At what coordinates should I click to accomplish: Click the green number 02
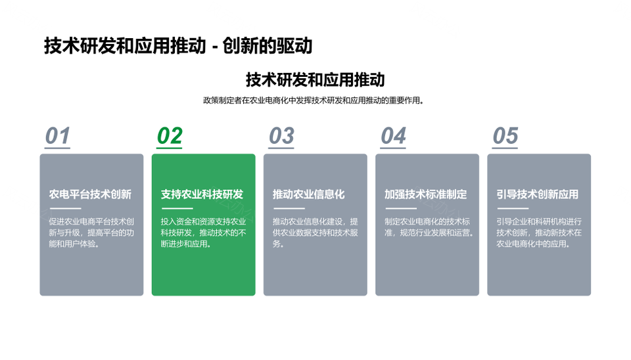(x=170, y=136)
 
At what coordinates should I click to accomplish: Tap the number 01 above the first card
(x=58, y=136)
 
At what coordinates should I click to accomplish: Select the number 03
(x=281, y=136)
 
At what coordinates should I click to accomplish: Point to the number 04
(x=393, y=136)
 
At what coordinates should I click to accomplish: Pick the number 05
(x=505, y=136)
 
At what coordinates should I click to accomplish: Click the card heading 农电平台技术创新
(x=90, y=194)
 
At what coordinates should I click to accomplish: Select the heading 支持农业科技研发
(x=202, y=194)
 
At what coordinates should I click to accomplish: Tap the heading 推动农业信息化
(x=309, y=194)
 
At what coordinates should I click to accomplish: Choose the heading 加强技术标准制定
(x=426, y=194)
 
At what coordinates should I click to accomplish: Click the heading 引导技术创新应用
(x=538, y=194)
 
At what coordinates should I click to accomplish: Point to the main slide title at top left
(x=178, y=46)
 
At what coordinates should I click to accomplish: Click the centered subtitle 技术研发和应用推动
(x=315, y=79)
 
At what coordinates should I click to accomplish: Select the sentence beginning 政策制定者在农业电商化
(x=314, y=101)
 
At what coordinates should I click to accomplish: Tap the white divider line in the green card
(x=177, y=208)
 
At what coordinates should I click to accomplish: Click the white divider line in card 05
(x=513, y=208)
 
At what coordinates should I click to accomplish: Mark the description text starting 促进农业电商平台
(x=91, y=233)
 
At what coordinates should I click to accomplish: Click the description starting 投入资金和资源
(x=203, y=233)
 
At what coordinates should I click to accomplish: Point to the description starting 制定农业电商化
(x=429, y=227)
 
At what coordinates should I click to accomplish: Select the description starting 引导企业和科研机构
(x=539, y=233)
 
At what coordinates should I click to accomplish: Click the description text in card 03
(x=315, y=233)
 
